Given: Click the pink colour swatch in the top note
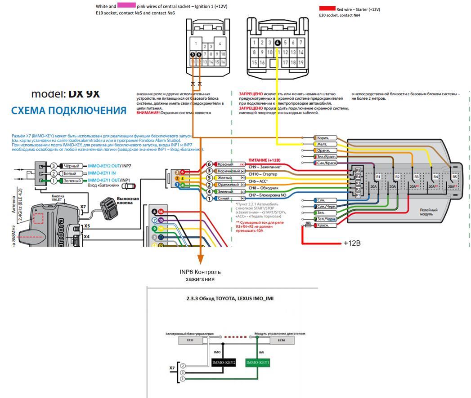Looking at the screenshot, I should point(126,6).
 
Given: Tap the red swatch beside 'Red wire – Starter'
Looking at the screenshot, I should point(327,8).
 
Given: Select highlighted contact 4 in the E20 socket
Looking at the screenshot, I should point(278,43).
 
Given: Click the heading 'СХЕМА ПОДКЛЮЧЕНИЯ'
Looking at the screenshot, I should point(69,111).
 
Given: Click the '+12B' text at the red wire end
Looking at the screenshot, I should point(352,243).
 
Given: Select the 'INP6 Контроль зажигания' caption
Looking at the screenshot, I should point(200,275).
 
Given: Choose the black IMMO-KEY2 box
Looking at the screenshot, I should point(224,363).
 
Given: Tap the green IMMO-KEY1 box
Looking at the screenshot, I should point(257,363).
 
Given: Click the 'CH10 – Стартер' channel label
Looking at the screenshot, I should point(263,174).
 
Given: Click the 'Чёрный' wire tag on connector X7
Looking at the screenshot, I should point(71,166).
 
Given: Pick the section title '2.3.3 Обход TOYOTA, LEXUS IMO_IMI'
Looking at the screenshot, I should point(229,298).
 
